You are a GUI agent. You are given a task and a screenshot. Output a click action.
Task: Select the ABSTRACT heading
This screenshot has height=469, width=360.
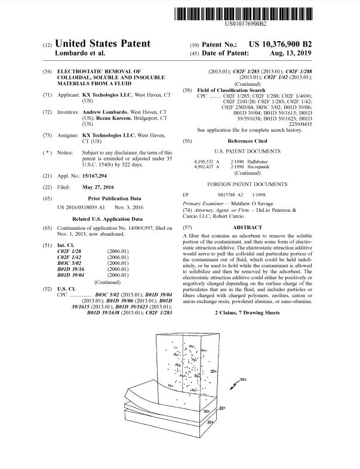tap(247, 227)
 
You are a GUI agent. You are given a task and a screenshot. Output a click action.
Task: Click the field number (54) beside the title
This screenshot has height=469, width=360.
tap(47, 71)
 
